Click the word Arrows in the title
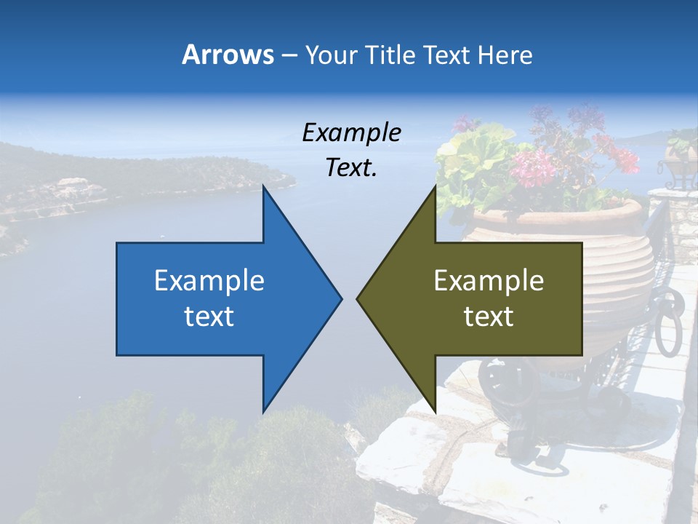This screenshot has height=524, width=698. pos(228,55)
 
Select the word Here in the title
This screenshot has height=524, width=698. pos(505,55)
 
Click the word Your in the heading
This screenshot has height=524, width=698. pos(329,55)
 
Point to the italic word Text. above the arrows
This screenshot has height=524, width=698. pos(351,167)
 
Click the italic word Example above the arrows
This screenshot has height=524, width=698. pos(351,132)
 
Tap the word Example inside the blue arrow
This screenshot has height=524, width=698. pos(209,280)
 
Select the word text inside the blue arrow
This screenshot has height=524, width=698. pos(209,317)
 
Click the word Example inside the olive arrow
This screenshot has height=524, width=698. pos(489,280)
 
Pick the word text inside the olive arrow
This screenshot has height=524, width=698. pos(489,317)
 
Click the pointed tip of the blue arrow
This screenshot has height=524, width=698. pos(341,298)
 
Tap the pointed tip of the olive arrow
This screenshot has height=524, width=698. pos(357,298)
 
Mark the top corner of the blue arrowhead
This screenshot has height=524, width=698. pos(263,186)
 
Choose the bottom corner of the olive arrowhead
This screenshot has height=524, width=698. pos(435,412)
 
